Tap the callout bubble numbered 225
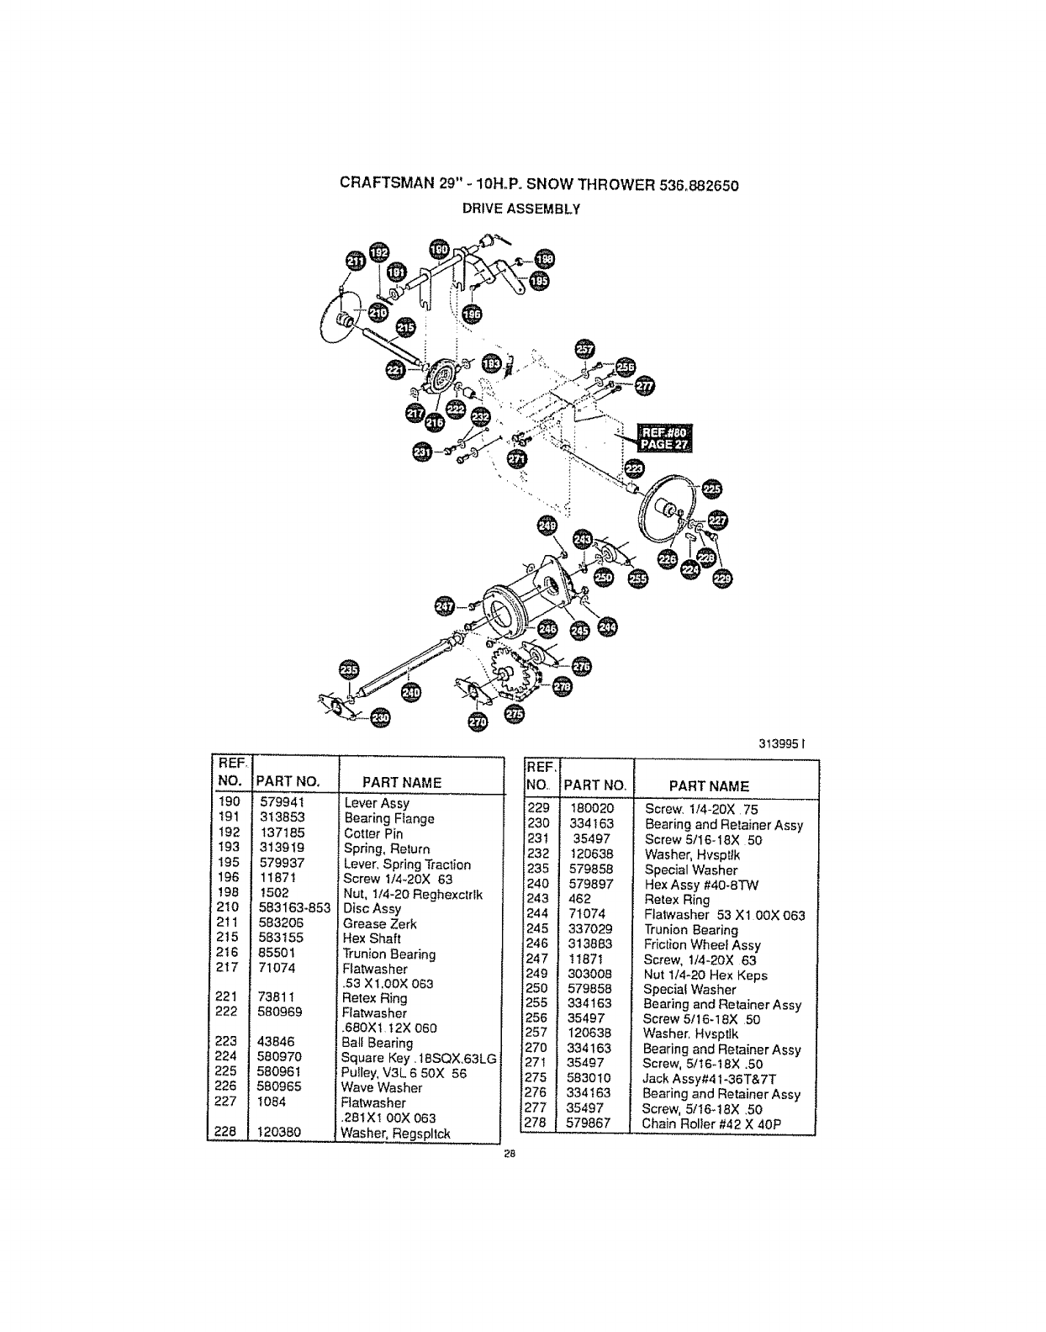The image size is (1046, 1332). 711,490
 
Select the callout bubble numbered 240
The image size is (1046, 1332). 411,691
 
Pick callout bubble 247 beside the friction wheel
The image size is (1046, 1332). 445,605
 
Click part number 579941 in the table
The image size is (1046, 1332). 282,802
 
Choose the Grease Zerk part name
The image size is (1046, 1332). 379,923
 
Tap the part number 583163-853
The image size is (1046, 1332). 291,908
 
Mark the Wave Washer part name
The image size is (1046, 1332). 383,1087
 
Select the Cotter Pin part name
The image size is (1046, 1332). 373,833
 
